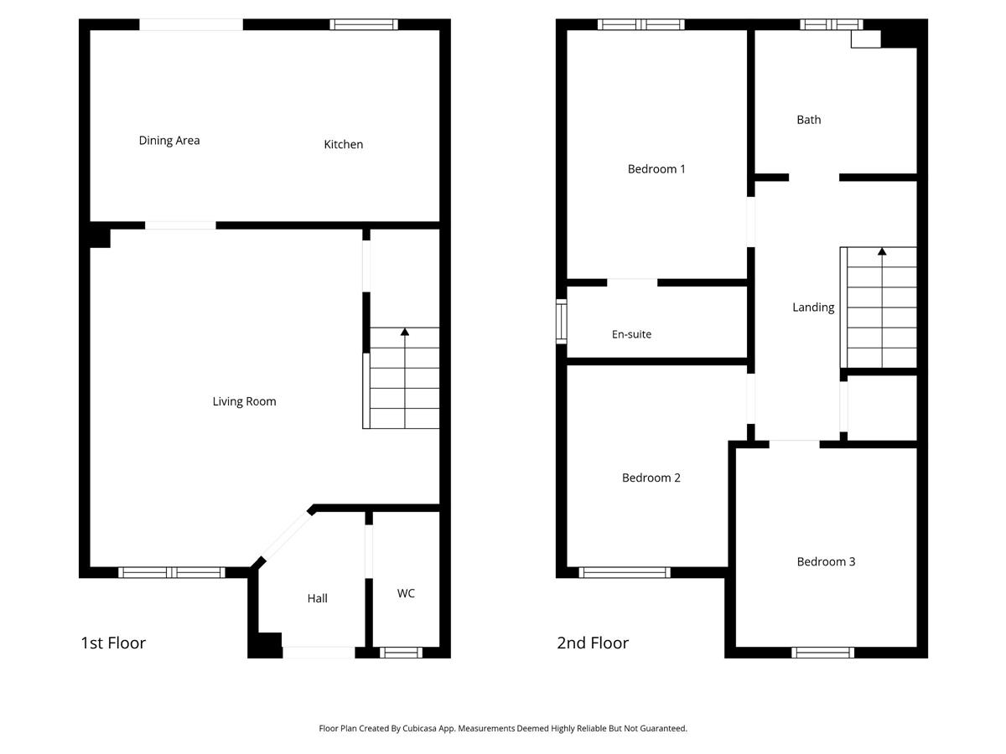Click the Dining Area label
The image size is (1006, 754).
(x=169, y=141)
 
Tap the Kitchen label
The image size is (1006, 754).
(x=343, y=145)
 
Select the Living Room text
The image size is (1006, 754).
(x=244, y=401)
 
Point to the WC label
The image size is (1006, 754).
(x=406, y=593)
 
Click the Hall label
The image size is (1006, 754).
(x=317, y=598)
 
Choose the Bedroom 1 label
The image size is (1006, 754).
(x=656, y=169)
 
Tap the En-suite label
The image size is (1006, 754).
(x=631, y=334)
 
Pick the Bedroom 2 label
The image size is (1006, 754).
(x=651, y=478)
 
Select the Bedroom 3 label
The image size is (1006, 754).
(x=826, y=561)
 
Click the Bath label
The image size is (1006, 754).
(x=808, y=120)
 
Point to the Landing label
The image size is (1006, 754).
(x=813, y=307)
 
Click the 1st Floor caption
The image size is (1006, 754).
(x=113, y=643)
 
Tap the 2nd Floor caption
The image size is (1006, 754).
(x=593, y=643)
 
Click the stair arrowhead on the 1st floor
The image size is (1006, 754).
(x=405, y=332)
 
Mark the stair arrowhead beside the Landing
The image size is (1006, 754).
(x=882, y=251)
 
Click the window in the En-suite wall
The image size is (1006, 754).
(x=562, y=322)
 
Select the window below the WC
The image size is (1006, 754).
(x=401, y=653)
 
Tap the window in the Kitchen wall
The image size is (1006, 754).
(x=364, y=24)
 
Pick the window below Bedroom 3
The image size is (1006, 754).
(x=822, y=653)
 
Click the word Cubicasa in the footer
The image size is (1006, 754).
(x=419, y=728)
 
